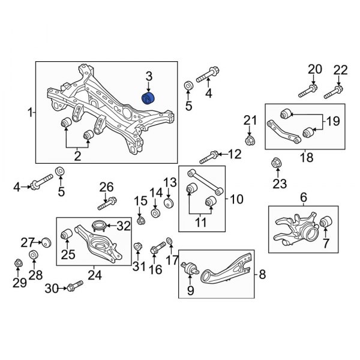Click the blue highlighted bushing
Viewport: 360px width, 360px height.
point(147,98)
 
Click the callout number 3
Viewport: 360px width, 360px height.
point(149,76)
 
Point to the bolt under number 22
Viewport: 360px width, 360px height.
point(334,92)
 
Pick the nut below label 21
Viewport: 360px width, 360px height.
point(250,140)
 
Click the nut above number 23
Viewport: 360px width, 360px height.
point(277,162)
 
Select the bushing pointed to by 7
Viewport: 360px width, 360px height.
point(325,223)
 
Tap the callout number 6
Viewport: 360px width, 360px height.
point(303,197)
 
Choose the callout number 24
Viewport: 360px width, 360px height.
point(94,275)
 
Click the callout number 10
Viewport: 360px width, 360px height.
point(235,198)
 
